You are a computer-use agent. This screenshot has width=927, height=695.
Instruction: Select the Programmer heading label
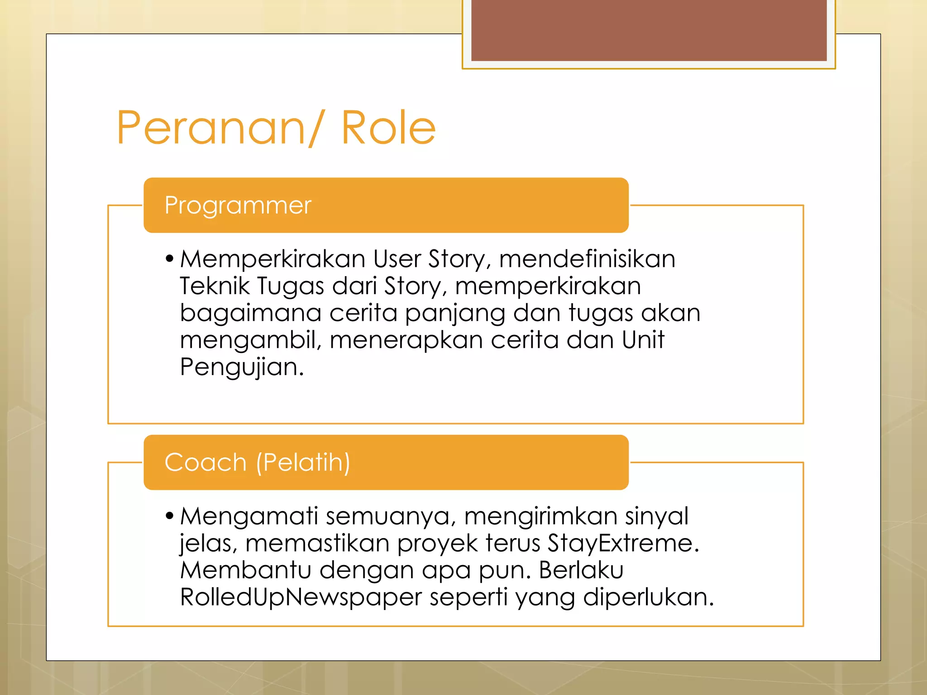(238, 205)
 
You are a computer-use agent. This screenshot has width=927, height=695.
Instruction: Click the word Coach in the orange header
(205, 462)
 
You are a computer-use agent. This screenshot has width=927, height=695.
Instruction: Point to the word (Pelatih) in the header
(303, 462)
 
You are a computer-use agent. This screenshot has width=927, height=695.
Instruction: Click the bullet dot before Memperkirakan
(170, 259)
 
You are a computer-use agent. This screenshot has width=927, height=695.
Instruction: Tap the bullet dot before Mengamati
(170, 516)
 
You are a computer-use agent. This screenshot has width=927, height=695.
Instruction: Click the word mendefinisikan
(587, 259)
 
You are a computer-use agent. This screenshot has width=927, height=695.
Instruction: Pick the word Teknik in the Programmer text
(215, 286)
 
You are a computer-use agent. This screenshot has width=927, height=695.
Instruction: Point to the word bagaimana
(250, 313)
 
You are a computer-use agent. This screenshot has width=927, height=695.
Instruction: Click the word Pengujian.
(241, 367)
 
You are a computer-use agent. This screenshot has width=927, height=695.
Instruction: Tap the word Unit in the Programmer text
(643, 340)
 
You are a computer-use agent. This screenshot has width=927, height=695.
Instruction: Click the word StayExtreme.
(623, 543)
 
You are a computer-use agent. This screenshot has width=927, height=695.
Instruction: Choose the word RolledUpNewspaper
(301, 597)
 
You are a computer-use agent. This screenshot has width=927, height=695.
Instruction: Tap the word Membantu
(246, 570)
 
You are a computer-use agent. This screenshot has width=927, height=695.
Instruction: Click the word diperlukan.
(648, 597)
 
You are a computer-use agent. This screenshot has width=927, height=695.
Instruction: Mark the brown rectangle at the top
(649, 30)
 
